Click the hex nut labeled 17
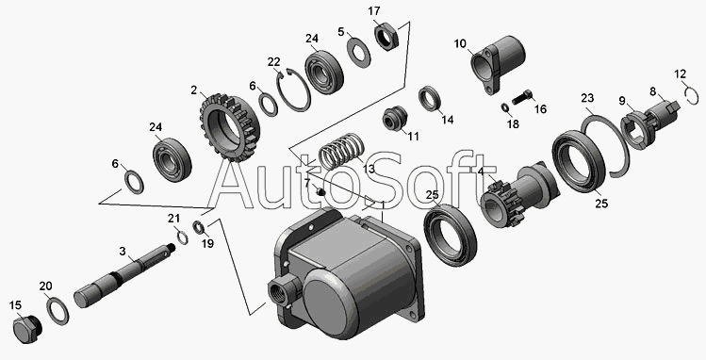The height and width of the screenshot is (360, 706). pyautogui.click(x=386, y=38)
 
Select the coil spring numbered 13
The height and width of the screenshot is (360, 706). pyautogui.click(x=341, y=152)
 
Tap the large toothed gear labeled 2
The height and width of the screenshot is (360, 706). pyautogui.click(x=230, y=128)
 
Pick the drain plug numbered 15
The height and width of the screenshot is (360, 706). pyautogui.click(x=27, y=330)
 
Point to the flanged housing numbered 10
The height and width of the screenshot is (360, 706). pyautogui.click(x=497, y=64)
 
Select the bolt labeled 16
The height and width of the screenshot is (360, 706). pyautogui.click(x=522, y=98)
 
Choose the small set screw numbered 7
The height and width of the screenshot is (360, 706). pyautogui.click(x=320, y=192)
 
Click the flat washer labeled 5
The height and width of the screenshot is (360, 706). pyautogui.click(x=358, y=53)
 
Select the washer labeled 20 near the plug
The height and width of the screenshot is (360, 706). pyautogui.click(x=57, y=310)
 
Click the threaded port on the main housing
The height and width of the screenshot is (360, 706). pyautogui.click(x=283, y=290)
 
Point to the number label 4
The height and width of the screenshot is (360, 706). pyautogui.click(x=481, y=172)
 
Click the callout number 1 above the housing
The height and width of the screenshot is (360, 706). pyautogui.click(x=383, y=205)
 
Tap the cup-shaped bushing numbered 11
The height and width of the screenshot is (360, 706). pyautogui.click(x=395, y=119)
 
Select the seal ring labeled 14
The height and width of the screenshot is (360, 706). pyautogui.click(x=431, y=99)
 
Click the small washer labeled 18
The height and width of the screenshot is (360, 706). pyautogui.click(x=504, y=107)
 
